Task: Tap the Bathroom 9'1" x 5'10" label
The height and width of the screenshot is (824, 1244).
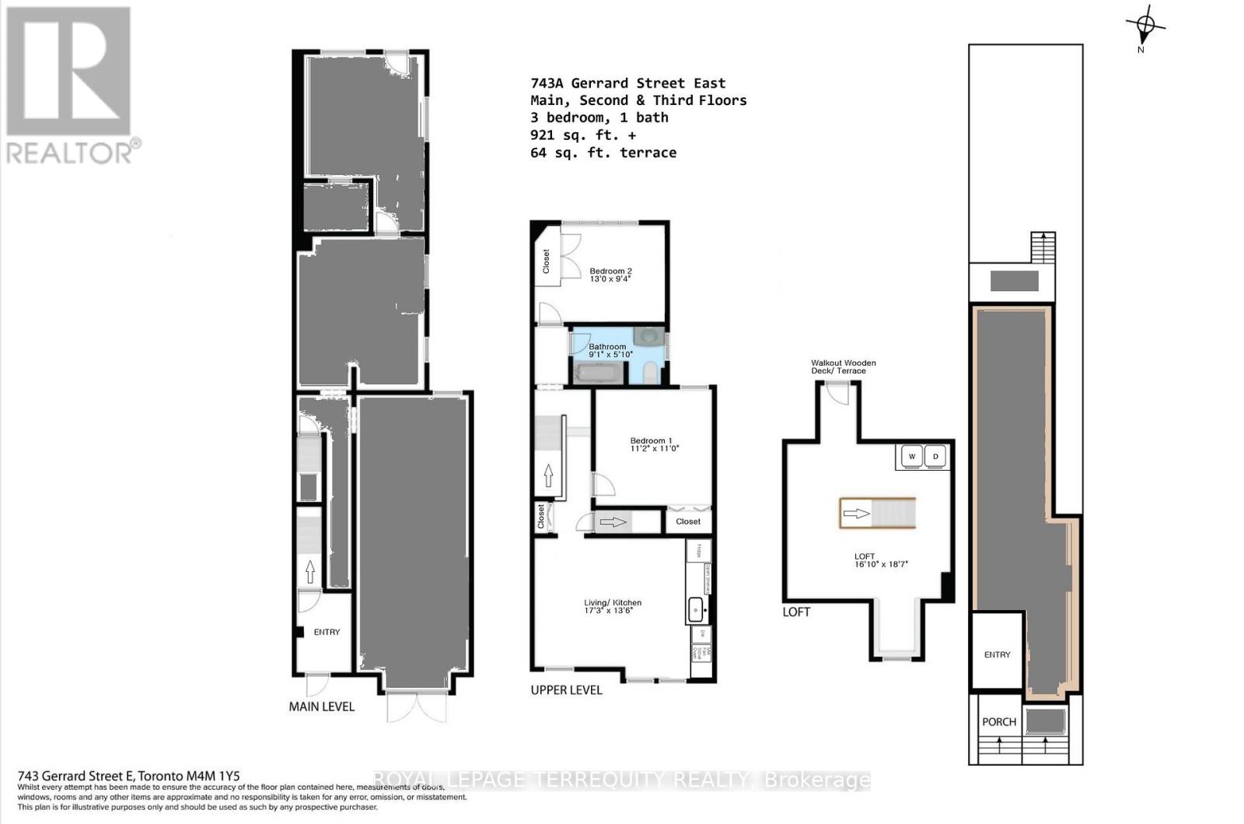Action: point(610,350)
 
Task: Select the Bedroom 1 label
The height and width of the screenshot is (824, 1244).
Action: point(654,444)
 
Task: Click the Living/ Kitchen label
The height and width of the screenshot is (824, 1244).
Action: point(613,606)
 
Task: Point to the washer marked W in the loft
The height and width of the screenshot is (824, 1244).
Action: point(912,457)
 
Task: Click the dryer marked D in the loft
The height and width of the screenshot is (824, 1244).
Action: point(936,457)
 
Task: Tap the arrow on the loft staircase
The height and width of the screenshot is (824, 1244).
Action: point(856,514)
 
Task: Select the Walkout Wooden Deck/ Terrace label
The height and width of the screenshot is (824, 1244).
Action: point(843,366)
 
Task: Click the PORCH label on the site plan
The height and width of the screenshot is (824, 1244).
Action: point(998,722)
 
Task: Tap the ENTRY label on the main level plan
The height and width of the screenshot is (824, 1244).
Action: point(327,632)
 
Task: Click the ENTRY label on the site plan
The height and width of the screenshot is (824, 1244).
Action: point(997,654)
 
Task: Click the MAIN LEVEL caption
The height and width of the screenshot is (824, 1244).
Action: point(321,707)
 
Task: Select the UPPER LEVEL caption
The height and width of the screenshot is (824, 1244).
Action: point(566,690)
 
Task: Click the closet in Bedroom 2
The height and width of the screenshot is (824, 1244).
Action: point(546,261)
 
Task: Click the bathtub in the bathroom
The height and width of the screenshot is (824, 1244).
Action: point(598,373)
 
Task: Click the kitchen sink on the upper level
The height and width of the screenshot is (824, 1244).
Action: point(696,609)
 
